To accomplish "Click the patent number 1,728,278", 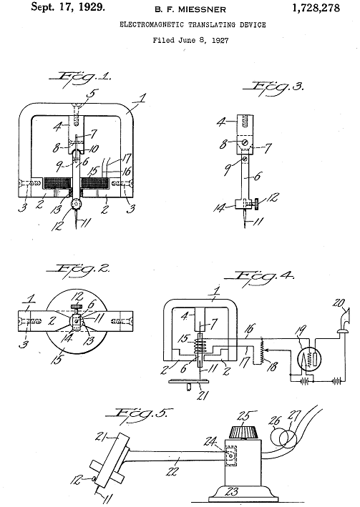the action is tap(316, 8).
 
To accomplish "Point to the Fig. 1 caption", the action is tap(80, 78).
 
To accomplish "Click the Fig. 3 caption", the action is tap(273, 87).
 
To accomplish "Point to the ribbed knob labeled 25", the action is tap(244, 430).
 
